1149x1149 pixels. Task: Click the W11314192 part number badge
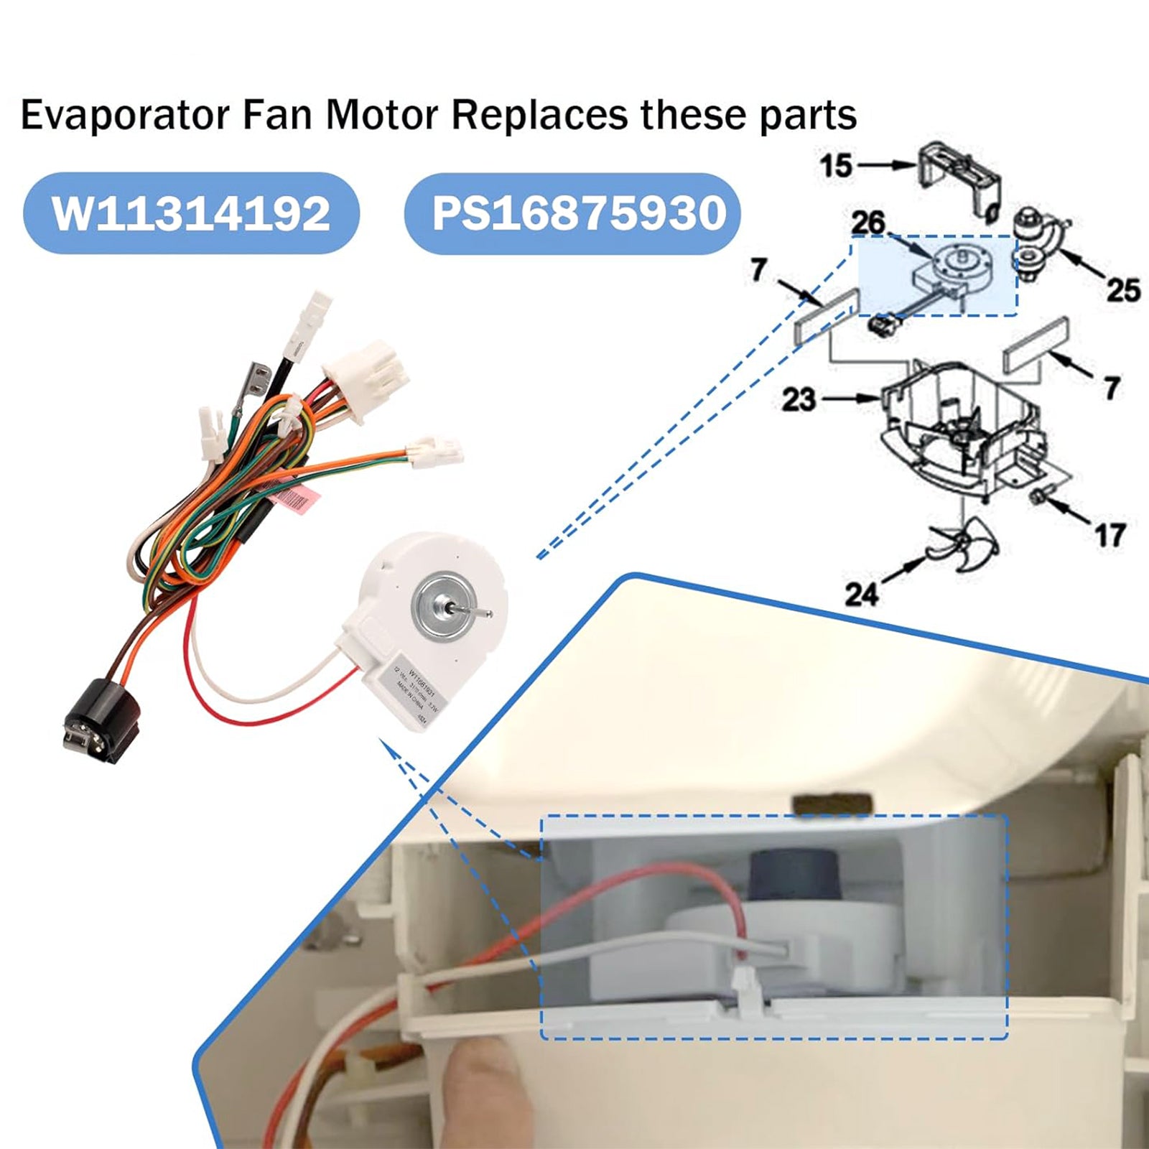(191, 213)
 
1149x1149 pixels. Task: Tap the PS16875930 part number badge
(572, 213)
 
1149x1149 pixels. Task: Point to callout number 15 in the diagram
(836, 165)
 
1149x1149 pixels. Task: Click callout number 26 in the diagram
(867, 223)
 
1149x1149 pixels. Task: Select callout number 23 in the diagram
(799, 399)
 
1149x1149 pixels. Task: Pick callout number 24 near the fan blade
(861, 593)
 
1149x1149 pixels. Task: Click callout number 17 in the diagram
(1110, 535)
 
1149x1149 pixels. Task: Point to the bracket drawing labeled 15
(959, 176)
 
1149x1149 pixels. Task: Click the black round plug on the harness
(91, 719)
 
